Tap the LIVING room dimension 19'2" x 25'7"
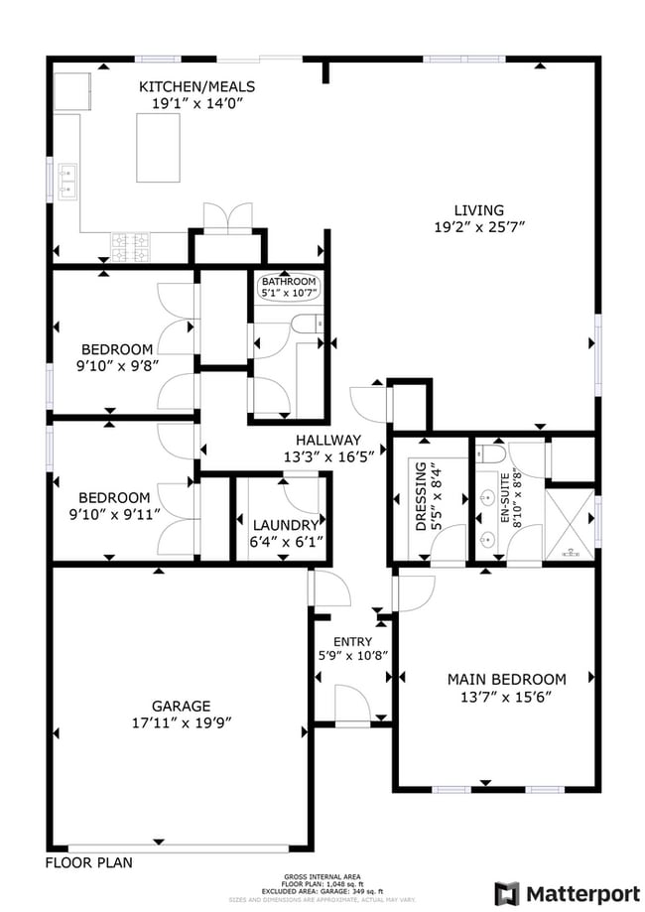[x=478, y=226]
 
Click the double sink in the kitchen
[x=67, y=180]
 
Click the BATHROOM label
[x=288, y=282]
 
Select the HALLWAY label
[x=327, y=440]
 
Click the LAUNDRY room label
[x=286, y=525]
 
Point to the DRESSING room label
[x=421, y=495]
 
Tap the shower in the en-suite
[x=570, y=524]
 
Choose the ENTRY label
[x=352, y=642]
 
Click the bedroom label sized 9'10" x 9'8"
[x=117, y=349]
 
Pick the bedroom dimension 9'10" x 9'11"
[x=117, y=514]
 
